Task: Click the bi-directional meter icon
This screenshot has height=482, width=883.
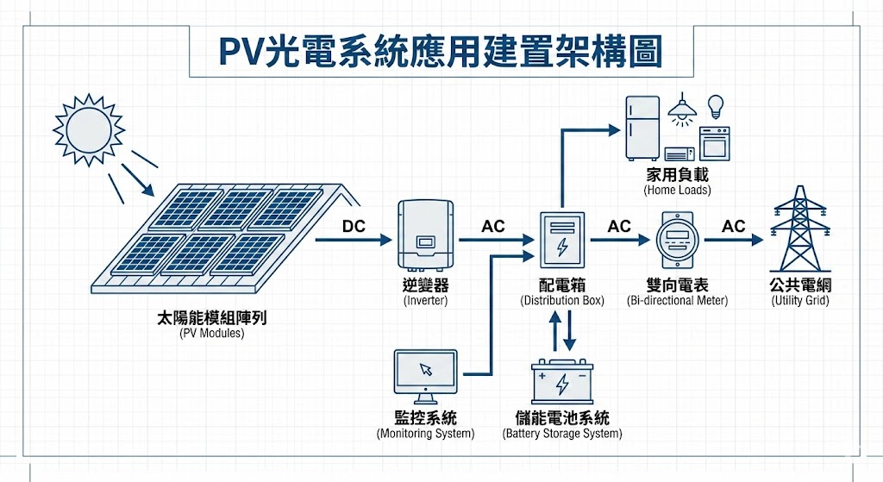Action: coord(675,239)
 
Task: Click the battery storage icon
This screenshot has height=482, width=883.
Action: coord(562,383)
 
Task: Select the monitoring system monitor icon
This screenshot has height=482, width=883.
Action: coord(425,372)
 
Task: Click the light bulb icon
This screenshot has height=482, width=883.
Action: coord(714,106)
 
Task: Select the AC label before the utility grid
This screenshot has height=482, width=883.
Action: coord(733,226)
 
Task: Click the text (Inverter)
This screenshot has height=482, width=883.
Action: coord(425,302)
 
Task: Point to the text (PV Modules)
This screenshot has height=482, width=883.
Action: coord(211,333)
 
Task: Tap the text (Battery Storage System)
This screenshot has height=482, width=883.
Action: coord(561,434)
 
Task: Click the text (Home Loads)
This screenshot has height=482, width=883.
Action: coord(677,190)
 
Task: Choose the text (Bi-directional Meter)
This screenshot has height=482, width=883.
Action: coord(677,301)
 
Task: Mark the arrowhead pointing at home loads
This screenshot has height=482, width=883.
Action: coord(615,129)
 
